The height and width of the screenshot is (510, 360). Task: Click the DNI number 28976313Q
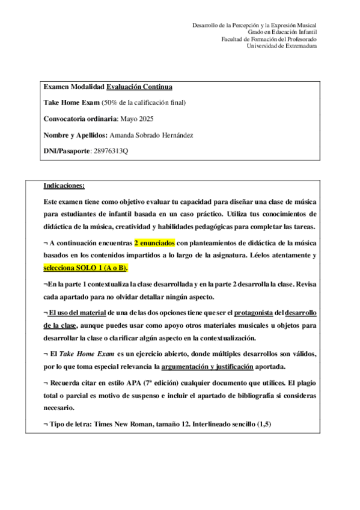(x=111, y=151)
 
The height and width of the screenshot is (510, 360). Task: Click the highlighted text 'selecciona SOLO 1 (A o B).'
(x=86, y=267)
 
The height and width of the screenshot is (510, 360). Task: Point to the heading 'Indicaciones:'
(x=64, y=185)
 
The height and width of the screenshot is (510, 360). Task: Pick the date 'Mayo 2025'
(x=137, y=118)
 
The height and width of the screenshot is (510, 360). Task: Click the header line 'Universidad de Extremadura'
(x=282, y=46)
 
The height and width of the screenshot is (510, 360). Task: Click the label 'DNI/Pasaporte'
(x=66, y=151)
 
